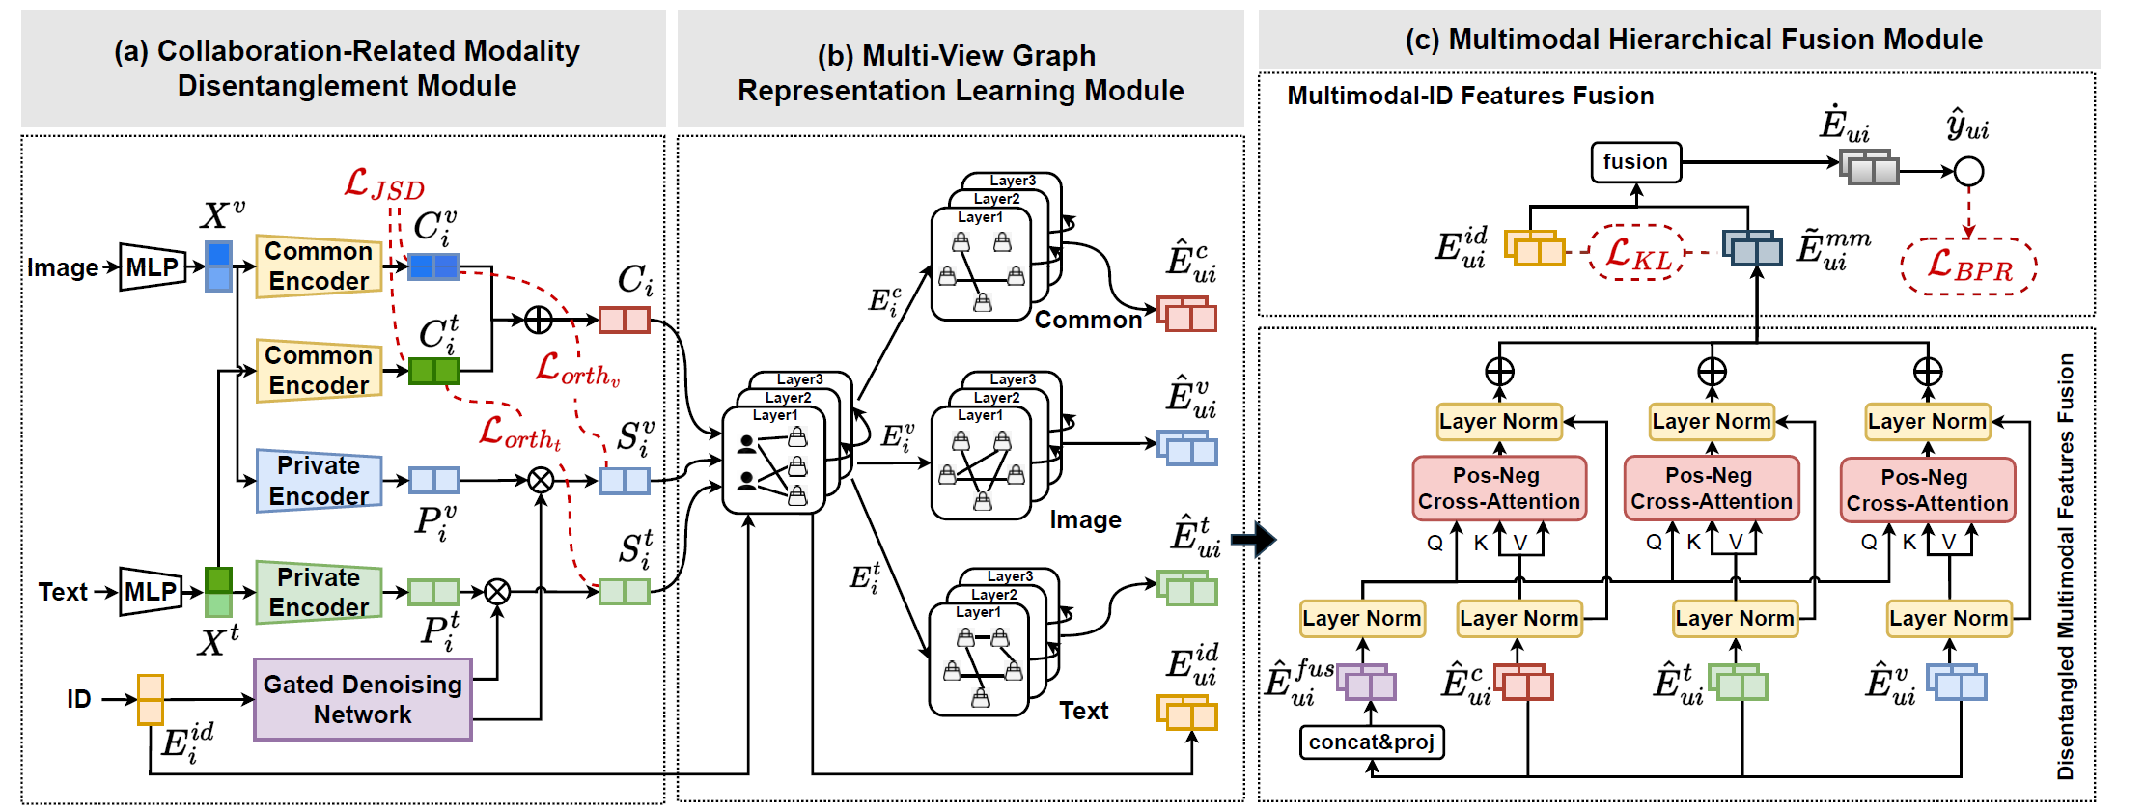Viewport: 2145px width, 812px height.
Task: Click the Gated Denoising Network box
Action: point(363,699)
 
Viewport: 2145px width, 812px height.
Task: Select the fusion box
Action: point(1635,162)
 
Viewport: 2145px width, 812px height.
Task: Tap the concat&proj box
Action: point(1372,742)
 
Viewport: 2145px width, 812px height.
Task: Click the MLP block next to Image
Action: point(153,266)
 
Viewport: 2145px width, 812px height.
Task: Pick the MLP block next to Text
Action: point(152,591)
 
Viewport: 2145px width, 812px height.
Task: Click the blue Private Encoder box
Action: point(319,480)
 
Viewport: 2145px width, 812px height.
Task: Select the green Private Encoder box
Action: point(319,592)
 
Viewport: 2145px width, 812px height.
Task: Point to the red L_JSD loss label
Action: point(384,183)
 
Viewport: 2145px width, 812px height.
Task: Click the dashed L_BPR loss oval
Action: point(1968,266)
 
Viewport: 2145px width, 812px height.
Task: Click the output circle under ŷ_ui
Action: point(1968,172)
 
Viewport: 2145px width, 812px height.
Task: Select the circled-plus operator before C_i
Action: point(538,320)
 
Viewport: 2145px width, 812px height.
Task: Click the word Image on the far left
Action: point(63,267)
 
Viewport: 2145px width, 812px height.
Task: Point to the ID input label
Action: point(79,699)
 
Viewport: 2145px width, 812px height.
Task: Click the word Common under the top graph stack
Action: point(1088,320)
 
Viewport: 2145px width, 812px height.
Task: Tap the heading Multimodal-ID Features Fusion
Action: point(1470,96)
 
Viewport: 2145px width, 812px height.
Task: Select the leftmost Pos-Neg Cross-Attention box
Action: point(1498,489)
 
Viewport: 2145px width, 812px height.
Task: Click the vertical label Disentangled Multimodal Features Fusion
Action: point(2065,566)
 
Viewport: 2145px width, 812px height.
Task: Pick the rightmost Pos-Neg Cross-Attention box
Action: point(1927,490)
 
